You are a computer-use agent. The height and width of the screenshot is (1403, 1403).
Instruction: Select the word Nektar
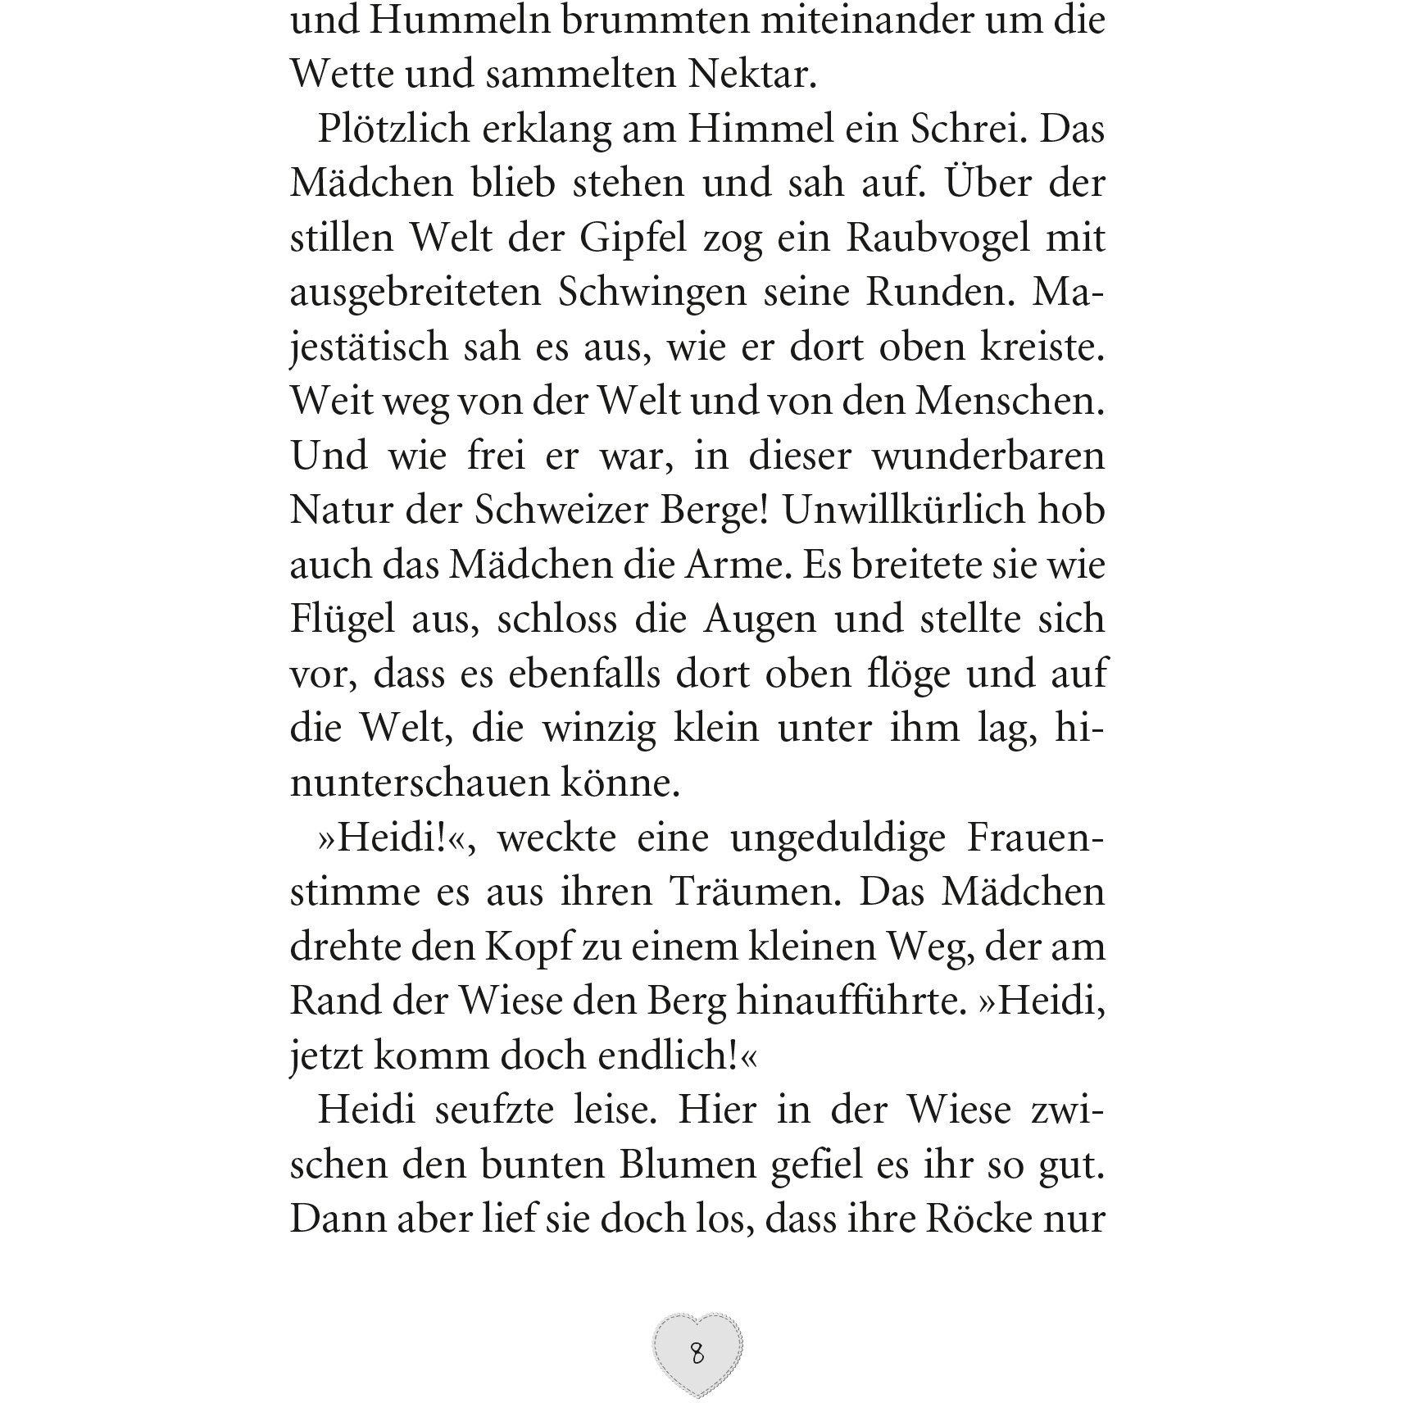(752, 75)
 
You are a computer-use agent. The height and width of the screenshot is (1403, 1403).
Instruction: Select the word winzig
(600, 729)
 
